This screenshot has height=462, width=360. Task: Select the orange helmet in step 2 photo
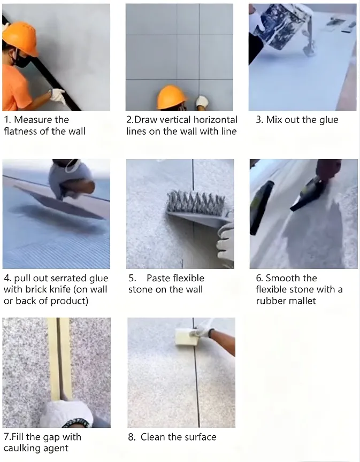tap(171, 97)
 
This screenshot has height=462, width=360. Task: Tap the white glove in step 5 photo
tap(226, 243)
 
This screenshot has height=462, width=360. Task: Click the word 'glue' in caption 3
tap(328, 120)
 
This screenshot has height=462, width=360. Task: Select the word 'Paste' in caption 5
tap(159, 278)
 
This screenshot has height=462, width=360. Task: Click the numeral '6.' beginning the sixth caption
tap(259, 278)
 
